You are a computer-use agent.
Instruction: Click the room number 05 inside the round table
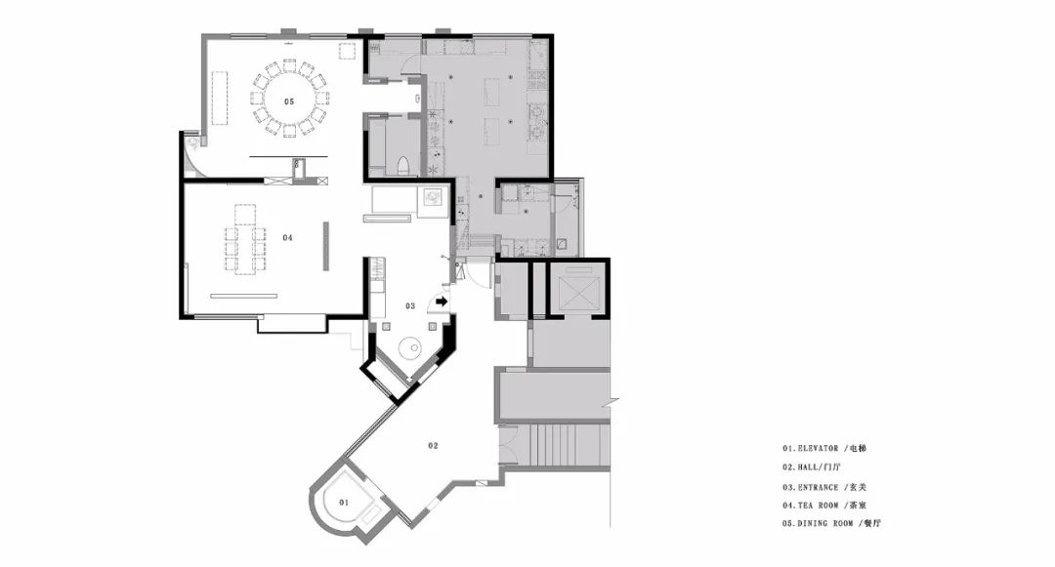289,101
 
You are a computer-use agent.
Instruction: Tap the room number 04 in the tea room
288,237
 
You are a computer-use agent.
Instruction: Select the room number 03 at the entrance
411,305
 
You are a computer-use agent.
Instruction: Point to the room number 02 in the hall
432,445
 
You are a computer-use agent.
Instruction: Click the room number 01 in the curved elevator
343,502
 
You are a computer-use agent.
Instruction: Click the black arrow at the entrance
442,303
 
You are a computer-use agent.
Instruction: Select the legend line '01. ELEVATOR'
823,449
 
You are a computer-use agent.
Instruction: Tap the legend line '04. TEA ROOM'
823,505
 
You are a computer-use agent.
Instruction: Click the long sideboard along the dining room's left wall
219,98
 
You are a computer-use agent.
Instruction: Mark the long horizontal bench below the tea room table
242,295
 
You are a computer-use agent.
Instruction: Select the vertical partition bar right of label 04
327,244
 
